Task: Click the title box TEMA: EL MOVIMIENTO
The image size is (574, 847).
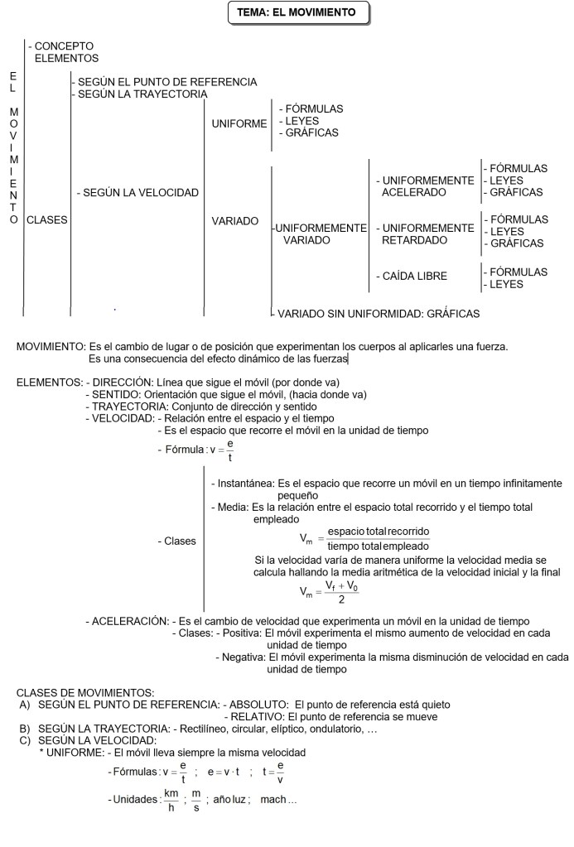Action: [297, 13]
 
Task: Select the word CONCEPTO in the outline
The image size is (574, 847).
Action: [64, 46]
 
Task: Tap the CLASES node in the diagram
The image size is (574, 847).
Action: [47, 221]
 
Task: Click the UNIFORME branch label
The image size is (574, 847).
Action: [239, 124]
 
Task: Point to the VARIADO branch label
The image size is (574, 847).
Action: [235, 221]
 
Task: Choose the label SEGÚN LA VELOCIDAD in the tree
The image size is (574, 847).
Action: [138, 193]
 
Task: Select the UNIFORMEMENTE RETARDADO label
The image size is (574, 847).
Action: [427, 233]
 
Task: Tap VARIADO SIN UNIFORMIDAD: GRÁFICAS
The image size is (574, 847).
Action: [378, 314]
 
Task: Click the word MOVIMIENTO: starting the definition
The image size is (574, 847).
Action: [51, 346]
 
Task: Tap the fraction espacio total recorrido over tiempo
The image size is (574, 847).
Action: [379, 538]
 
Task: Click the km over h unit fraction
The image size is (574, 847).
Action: [171, 801]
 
